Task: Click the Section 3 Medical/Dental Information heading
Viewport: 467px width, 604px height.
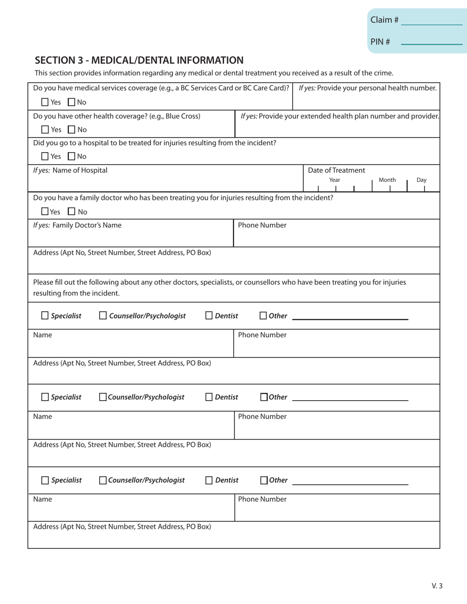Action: (x=139, y=60)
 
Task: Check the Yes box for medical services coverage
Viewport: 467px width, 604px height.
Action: (x=45, y=103)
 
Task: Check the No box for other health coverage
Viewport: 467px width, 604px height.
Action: (x=71, y=130)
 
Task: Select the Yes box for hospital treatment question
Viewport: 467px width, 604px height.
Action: (x=45, y=157)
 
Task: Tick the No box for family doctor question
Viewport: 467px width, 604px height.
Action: (x=71, y=212)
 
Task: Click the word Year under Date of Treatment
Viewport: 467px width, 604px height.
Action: (x=335, y=180)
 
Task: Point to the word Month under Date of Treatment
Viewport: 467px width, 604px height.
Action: (x=387, y=180)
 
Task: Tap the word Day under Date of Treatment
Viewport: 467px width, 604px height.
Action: (x=421, y=180)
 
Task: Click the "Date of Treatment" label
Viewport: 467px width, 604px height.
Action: (x=336, y=170)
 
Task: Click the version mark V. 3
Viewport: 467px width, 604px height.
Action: (x=437, y=585)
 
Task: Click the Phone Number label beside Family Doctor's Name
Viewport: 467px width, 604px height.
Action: (x=262, y=225)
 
